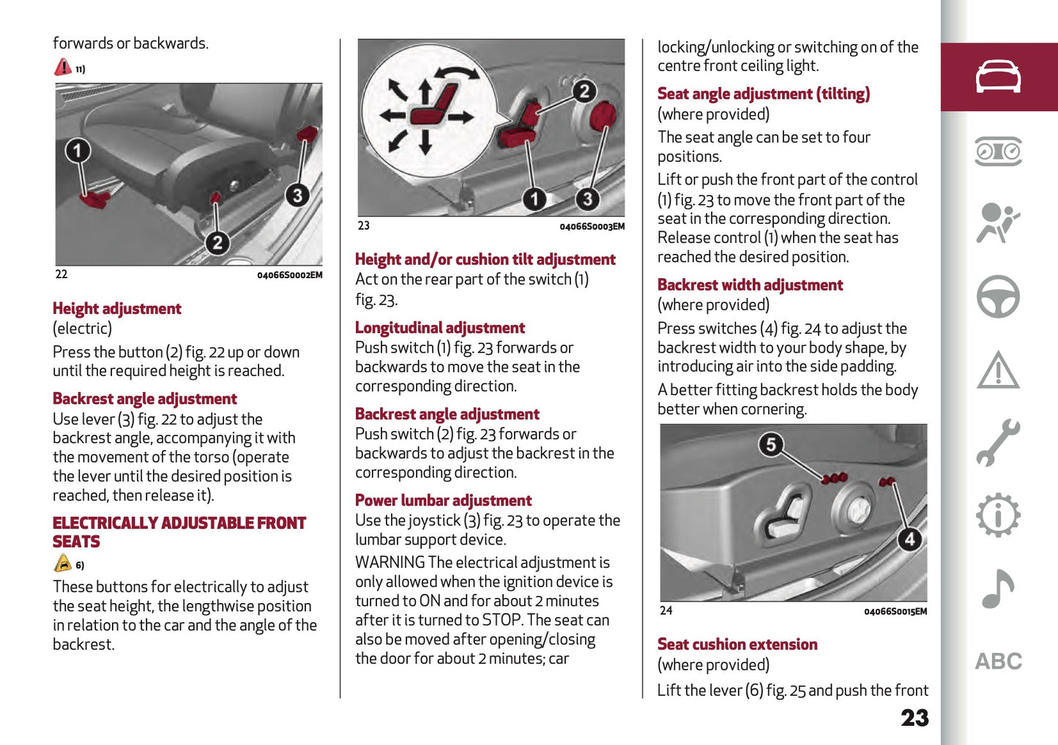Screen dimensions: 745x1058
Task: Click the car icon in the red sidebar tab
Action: [x=998, y=77]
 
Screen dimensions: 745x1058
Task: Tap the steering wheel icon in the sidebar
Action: [x=998, y=296]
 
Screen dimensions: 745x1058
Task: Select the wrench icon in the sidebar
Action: [x=998, y=443]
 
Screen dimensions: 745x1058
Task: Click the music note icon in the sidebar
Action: [x=998, y=588]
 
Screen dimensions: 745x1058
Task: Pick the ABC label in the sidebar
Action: [x=998, y=662]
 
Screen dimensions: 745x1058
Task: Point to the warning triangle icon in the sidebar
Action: [x=998, y=370]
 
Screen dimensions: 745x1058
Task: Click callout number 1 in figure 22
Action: [x=78, y=151]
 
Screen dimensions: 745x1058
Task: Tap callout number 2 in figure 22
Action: [x=217, y=243]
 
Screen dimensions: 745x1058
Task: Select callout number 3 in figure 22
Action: [x=297, y=195]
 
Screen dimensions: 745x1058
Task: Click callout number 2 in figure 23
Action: [x=584, y=91]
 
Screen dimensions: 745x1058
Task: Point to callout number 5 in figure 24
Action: [x=770, y=444]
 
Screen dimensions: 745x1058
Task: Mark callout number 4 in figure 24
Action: [x=909, y=539]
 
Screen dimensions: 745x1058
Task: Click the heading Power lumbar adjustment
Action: [x=443, y=501]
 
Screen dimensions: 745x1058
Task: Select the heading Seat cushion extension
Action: [x=737, y=645]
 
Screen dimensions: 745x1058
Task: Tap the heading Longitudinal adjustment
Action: [x=439, y=328]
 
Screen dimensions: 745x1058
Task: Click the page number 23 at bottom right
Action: [x=914, y=718]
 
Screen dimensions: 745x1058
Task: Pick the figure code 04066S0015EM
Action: [x=895, y=612]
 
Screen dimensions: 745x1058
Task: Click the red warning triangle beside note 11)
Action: [x=63, y=67]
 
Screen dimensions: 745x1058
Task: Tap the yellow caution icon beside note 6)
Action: [x=63, y=564]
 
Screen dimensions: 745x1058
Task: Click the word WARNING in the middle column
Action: [x=390, y=563]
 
